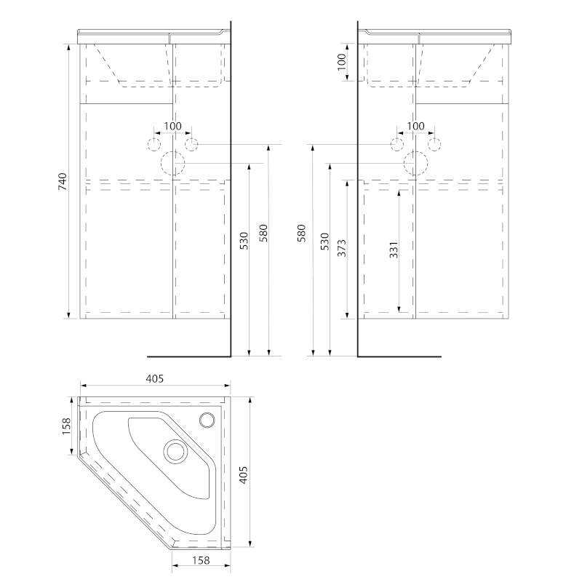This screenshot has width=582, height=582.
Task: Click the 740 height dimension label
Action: (x=63, y=182)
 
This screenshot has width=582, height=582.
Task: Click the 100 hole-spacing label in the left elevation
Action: (x=172, y=126)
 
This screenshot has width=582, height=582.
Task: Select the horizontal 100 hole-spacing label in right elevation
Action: (x=415, y=126)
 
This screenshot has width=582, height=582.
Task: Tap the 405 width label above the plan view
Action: (x=154, y=378)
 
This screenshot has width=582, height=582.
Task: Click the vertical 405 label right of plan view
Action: (x=244, y=475)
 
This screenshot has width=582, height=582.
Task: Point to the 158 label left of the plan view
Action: (x=65, y=426)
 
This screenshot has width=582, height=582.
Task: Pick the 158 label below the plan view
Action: (x=201, y=560)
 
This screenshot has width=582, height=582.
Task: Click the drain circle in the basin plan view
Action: (x=175, y=451)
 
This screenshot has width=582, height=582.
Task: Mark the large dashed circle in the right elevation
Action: (x=416, y=164)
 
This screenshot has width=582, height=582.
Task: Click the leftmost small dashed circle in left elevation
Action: (x=154, y=144)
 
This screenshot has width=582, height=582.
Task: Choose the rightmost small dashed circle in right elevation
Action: (x=434, y=144)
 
